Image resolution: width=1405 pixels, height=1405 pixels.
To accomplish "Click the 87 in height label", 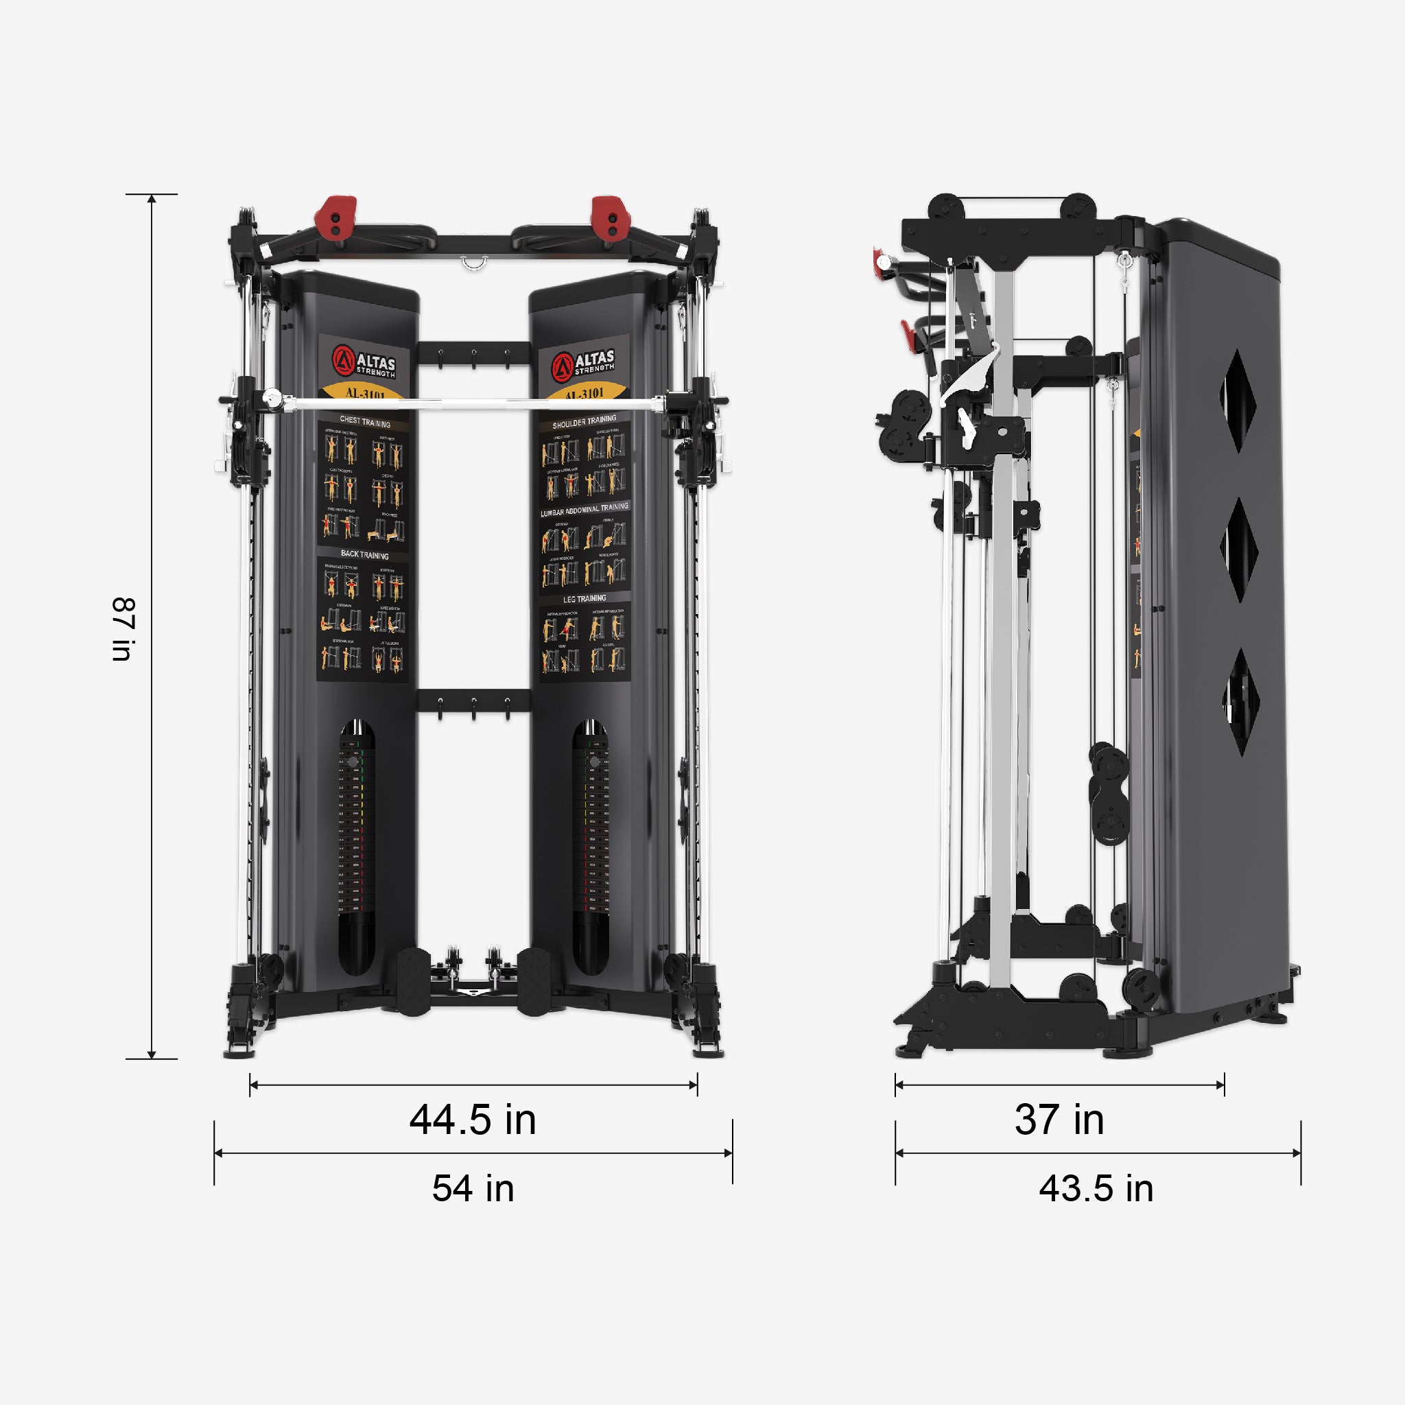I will (123, 629).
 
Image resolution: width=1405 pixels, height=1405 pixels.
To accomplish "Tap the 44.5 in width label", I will (473, 1120).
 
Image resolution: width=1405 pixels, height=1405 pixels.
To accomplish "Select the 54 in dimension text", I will (473, 1189).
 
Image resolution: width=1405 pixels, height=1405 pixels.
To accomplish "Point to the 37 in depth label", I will (1059, 1120).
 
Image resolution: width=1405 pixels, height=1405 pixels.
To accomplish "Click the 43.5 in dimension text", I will (1096, 1189).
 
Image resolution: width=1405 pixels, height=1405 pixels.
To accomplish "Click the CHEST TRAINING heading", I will (365, 422).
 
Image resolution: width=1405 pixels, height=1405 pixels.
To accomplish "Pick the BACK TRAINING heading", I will (364, 555).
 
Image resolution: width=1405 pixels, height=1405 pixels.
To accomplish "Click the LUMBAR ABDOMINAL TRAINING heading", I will (584, 509).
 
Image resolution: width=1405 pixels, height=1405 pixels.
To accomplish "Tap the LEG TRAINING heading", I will (585, 598).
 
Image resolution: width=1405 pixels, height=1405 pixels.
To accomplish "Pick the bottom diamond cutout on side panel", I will (1240, 702).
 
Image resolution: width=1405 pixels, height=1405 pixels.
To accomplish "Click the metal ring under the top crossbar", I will (473, 263).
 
